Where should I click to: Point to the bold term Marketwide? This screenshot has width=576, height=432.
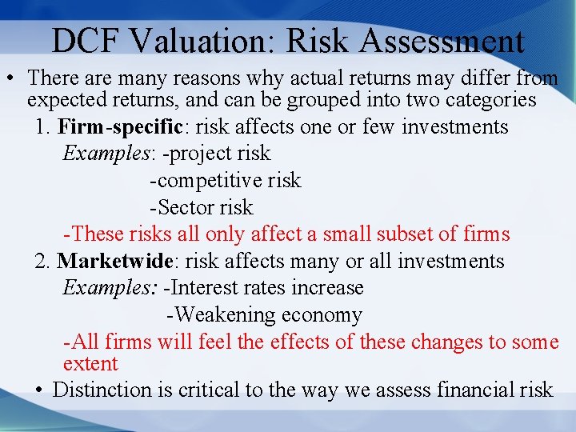(x=112, y=261)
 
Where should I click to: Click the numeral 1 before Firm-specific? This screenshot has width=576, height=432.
(x=41, y=126)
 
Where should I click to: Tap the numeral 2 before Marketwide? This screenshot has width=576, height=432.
(x=41, y=261)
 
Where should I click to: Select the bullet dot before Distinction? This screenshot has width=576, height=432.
(x=40, y=390)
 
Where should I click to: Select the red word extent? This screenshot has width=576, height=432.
(x=90, y=364)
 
